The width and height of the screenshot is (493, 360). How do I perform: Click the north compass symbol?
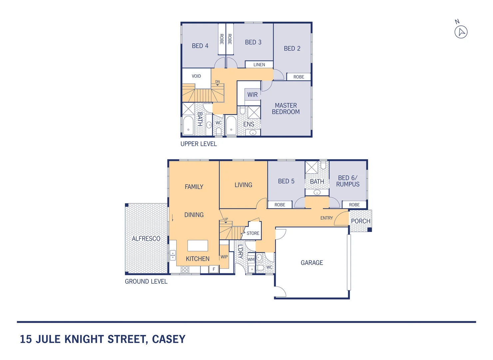pos(461,32)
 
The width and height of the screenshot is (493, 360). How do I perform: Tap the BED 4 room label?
pos(200,46)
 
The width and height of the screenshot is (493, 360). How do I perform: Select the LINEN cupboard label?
pos(259,65)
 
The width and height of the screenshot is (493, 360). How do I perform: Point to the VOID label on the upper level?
pos(196,76)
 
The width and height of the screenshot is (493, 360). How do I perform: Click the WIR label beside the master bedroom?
pos(252,95)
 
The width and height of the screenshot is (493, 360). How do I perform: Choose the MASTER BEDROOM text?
pos(286,109)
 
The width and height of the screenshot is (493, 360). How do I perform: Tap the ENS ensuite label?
pos(248,124)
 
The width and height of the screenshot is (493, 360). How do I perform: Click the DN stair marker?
pos(218,82)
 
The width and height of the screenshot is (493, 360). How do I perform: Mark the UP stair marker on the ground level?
pos(226,219)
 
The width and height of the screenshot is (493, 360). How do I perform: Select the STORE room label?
pos(253,233)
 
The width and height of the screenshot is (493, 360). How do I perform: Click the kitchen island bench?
pos(198,246)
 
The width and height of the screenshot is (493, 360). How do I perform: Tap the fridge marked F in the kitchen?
pos(214,269)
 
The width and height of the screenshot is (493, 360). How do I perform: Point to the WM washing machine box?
pos(251,259)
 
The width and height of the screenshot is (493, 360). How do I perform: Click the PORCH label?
pos(360,221)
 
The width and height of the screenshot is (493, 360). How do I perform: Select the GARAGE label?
pos(312,263)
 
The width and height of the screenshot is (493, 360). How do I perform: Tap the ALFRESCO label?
pos(146,239)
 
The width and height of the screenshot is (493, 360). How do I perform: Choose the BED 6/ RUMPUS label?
pos(348,181)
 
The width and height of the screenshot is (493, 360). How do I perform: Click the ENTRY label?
pos(326,218)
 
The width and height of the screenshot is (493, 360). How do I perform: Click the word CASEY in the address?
pos(169,339)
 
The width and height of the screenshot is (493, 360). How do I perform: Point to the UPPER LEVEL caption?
pos(199,144)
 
